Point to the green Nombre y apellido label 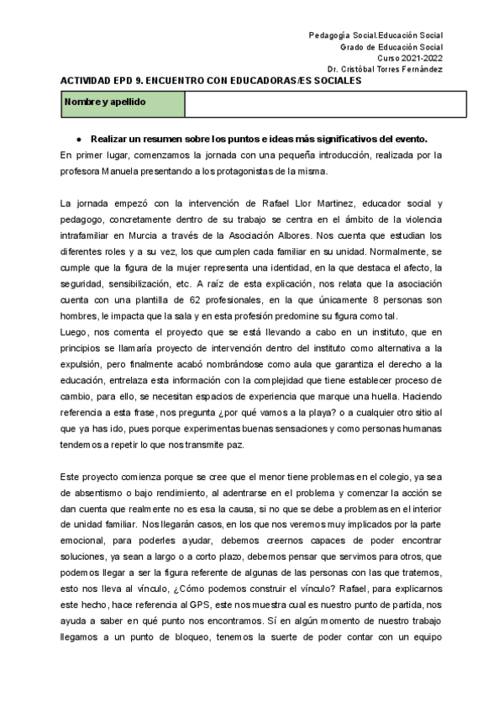[x=123, y=103]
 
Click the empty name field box [x=324, y=103]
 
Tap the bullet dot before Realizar [x=77, y=139]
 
